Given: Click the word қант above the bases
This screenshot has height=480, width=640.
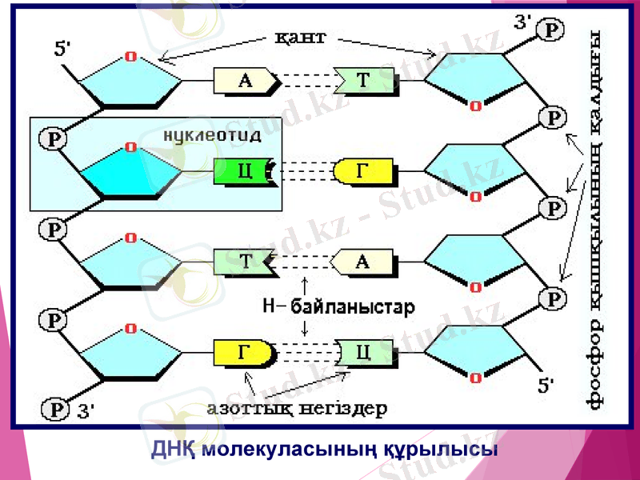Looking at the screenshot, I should coord(300,38).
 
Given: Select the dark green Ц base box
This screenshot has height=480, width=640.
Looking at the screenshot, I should coord(244,170).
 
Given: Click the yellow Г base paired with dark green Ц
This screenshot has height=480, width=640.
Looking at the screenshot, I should coord(364,170).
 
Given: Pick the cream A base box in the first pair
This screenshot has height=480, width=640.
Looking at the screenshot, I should coord(244,80).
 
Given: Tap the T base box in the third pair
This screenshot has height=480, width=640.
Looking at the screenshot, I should coord(244,262).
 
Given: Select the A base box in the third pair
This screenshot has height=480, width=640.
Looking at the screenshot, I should coord(364,262).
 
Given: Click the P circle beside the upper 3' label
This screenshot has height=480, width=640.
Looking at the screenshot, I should coord(553,30).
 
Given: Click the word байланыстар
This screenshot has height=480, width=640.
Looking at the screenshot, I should coord(353,306).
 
